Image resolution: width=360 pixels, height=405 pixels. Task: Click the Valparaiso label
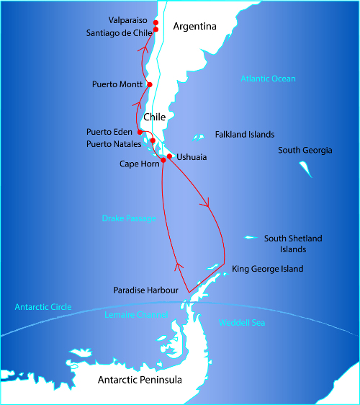(129, 20)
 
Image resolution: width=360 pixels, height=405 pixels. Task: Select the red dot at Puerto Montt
(149, 84)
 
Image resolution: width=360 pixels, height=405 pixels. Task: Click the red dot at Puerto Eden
(140, 132)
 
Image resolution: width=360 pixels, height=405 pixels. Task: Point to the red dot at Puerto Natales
(153, 140)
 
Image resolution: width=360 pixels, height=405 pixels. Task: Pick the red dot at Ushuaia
(169, 156)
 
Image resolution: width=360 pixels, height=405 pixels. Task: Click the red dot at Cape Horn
(163, 160)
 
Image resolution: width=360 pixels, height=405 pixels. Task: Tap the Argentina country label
(194, 27)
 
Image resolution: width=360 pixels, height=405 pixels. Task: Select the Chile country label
(155, 117)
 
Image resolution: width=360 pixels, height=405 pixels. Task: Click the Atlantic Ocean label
(268, 79)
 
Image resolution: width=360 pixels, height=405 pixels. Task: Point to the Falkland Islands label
(245, 135)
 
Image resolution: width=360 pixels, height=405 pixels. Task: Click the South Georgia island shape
(305, 169)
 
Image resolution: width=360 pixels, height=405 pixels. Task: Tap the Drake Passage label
(128, 218)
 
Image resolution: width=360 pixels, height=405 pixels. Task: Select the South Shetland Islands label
(293, 244)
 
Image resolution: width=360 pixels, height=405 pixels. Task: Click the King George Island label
(267, 269)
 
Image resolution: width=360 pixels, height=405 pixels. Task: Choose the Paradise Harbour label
(145, 290)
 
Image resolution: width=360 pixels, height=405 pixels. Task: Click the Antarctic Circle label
(43, 307)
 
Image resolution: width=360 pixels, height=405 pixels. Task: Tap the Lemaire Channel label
(136, 315)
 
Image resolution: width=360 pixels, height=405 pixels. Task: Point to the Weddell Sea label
(241, 322)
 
